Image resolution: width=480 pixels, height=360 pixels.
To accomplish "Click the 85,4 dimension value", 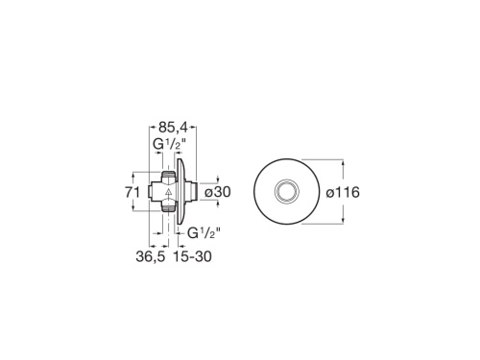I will click(173, 126).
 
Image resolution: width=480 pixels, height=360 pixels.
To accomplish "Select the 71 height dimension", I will click(135, 193).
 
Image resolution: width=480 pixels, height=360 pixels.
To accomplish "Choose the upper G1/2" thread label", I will click(170, 145).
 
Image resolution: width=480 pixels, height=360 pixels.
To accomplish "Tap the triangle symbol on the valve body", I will click(167, 193).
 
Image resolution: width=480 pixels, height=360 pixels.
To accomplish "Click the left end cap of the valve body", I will click(153, 193).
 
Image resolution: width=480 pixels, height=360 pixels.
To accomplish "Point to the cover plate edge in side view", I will click(181, 193).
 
